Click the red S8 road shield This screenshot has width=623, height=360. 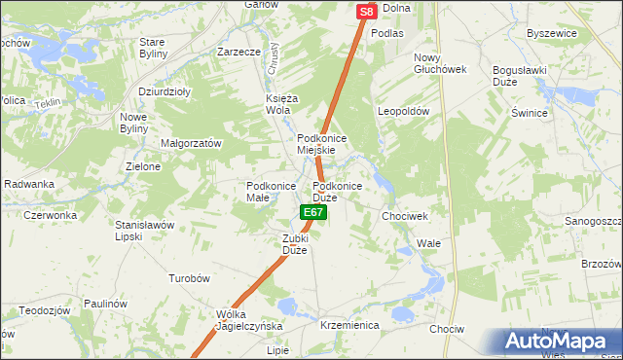366,12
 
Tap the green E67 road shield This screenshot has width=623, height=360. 312,211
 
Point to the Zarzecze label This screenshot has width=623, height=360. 238,52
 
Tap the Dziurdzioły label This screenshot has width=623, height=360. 164,92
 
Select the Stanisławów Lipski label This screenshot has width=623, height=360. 144,230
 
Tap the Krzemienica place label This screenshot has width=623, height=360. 348,325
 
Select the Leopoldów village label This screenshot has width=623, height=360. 404,112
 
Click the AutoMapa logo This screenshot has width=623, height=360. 561,342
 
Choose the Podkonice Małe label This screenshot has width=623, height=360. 271,192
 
